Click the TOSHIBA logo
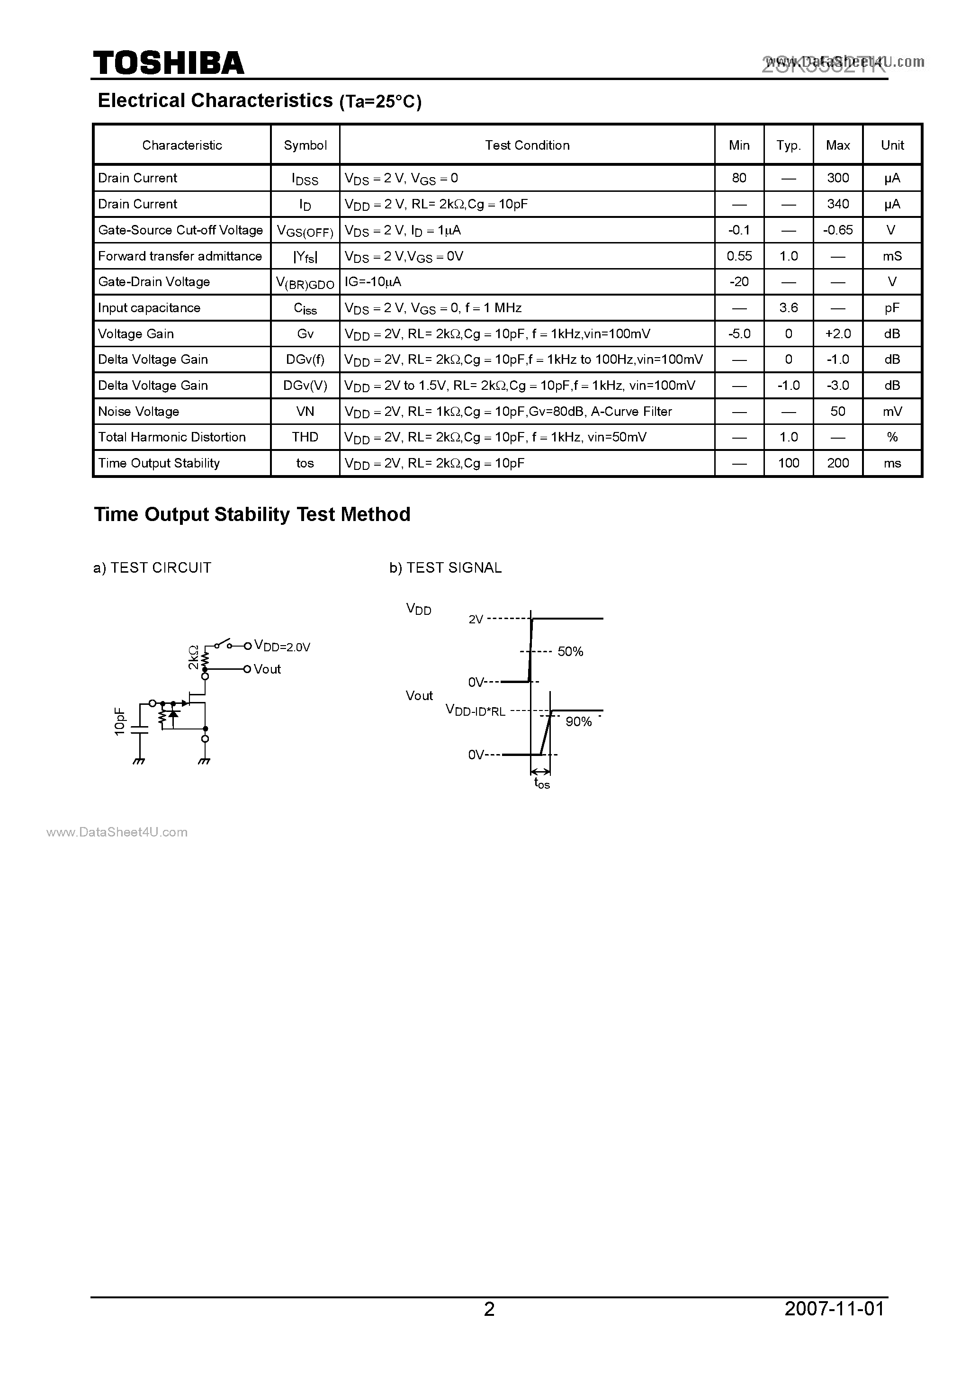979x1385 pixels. [168, 63]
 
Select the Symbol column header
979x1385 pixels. [305, 145]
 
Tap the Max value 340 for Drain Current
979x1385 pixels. [838, 204]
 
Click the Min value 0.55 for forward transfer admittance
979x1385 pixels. [739, 256]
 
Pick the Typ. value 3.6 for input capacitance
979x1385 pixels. [789, 307]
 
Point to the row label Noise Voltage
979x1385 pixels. [139, 412]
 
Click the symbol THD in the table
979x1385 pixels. [305, 437]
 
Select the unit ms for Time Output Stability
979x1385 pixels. [892, 463]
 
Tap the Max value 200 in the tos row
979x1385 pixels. [838, 463]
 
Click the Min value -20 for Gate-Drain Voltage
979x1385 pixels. [739, 282]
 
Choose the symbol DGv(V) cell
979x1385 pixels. [305, 386]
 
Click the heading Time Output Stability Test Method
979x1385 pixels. [252, 514]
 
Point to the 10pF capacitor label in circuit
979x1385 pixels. [119, 721]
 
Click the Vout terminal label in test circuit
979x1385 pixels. [267, 669]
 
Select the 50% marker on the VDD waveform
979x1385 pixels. [570, 651]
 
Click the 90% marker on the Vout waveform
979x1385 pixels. [578, 721]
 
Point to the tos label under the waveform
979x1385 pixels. [542, 783]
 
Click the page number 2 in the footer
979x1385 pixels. [489, 1308]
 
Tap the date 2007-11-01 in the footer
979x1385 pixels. [834, 1308]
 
